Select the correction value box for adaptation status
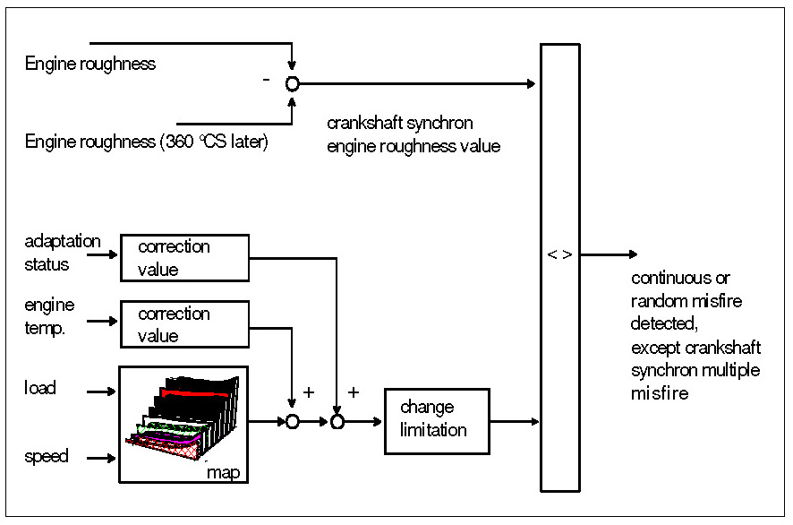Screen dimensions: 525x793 click(x=183, y=257)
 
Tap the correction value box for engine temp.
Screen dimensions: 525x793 click(x=183, y=324)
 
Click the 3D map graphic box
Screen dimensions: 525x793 click(x=183, y=424)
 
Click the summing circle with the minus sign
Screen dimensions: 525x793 click(x=292, y=83)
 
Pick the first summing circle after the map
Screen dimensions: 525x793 click(x=292, y=422)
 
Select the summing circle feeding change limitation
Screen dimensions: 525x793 click(x=337, y=422)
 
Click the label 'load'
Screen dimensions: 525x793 click(x=39, y=388)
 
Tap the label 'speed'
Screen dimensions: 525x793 click(x=46, y=457)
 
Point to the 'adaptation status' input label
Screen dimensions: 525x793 click(x=62, y=253)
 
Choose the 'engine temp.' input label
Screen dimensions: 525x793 click(x=49, y=316)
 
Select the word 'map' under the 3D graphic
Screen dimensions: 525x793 click(x=223, y=471)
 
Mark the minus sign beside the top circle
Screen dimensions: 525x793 click(x=266, y=80)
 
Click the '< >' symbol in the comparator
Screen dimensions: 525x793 click(x=559, y=254)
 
